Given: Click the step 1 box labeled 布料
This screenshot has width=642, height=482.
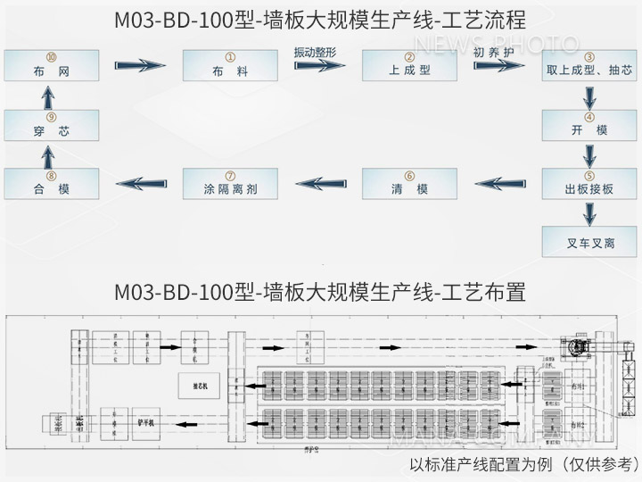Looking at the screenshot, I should click(x=230, y=65).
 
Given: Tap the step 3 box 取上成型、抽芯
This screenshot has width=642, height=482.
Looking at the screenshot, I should click(x=588, y=65).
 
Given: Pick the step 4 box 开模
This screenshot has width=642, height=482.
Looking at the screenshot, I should click(x=588, y=124).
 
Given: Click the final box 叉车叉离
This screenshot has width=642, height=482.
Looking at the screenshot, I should click(x=588, y=242).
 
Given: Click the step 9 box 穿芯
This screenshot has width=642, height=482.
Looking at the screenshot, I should click(x=51, y=124).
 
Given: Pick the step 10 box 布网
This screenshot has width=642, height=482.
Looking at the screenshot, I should click(x=51, y=65).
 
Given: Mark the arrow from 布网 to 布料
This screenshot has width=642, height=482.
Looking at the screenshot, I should click(x=140, y=65).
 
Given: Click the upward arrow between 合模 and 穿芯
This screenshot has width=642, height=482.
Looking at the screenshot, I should click(x=51, y=154).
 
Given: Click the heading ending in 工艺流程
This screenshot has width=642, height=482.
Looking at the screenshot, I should click(x=320, y=19).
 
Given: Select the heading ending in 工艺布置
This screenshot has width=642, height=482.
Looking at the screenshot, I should click(x=320, y=292).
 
